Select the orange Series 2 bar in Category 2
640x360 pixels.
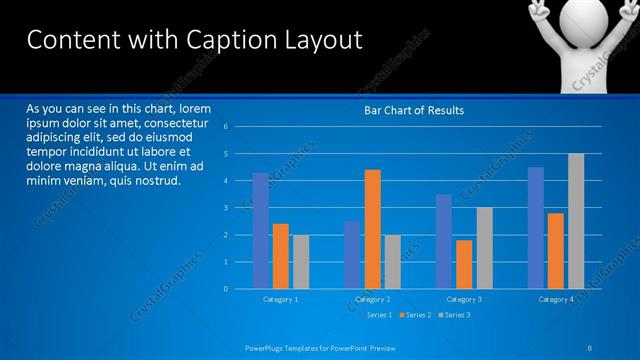point(372,229)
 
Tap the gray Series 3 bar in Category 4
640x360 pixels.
point(576,221)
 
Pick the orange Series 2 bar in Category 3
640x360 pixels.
point(464,264)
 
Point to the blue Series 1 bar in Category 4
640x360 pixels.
point(536,228)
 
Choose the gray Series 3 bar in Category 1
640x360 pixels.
point(300,262)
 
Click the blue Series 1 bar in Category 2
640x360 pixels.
point(352,255)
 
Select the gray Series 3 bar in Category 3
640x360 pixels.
point(484,248)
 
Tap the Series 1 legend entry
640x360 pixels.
point(375,315)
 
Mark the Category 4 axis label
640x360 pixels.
point(556,299)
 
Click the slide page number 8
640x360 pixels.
point(590,347)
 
